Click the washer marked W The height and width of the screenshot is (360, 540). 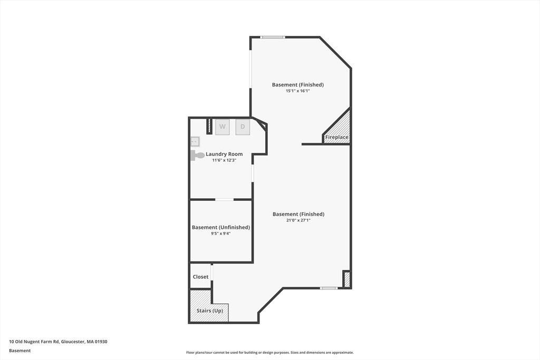coord(223,127)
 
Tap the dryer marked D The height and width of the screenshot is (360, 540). coord(243,127)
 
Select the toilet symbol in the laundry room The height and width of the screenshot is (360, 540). coord(197,155)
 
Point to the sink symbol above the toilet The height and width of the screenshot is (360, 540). coord(195,141)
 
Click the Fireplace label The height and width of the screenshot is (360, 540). coord(337,137)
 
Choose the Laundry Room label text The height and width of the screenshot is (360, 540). coord(224,154)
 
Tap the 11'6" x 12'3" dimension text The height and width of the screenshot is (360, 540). coord(224,160)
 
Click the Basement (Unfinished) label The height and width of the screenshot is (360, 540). coord(221,227)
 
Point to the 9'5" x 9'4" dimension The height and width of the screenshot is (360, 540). coord(221,233)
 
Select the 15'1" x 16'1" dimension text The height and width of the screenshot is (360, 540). coord(298,91)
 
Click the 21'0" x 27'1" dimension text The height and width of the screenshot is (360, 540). coord(298,220)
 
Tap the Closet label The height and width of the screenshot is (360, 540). coord(200,277)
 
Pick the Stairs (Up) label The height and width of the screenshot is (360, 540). coord(210,310)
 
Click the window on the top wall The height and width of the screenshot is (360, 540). coord(273,37)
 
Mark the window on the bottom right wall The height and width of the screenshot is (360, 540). coord(329,288)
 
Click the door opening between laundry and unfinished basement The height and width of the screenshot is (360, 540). coord(224,199)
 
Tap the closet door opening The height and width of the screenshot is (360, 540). coord(212,272)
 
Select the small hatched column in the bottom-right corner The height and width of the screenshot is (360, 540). coord(347,279)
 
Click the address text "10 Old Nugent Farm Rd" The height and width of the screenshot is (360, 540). coord(34,342)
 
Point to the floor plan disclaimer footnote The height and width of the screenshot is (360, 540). coord(270,353)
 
